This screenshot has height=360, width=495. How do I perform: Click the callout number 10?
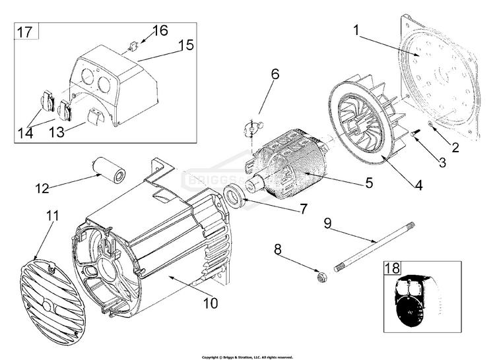tap(211, 303)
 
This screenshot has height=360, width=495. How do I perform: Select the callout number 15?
tap(186, 45)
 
